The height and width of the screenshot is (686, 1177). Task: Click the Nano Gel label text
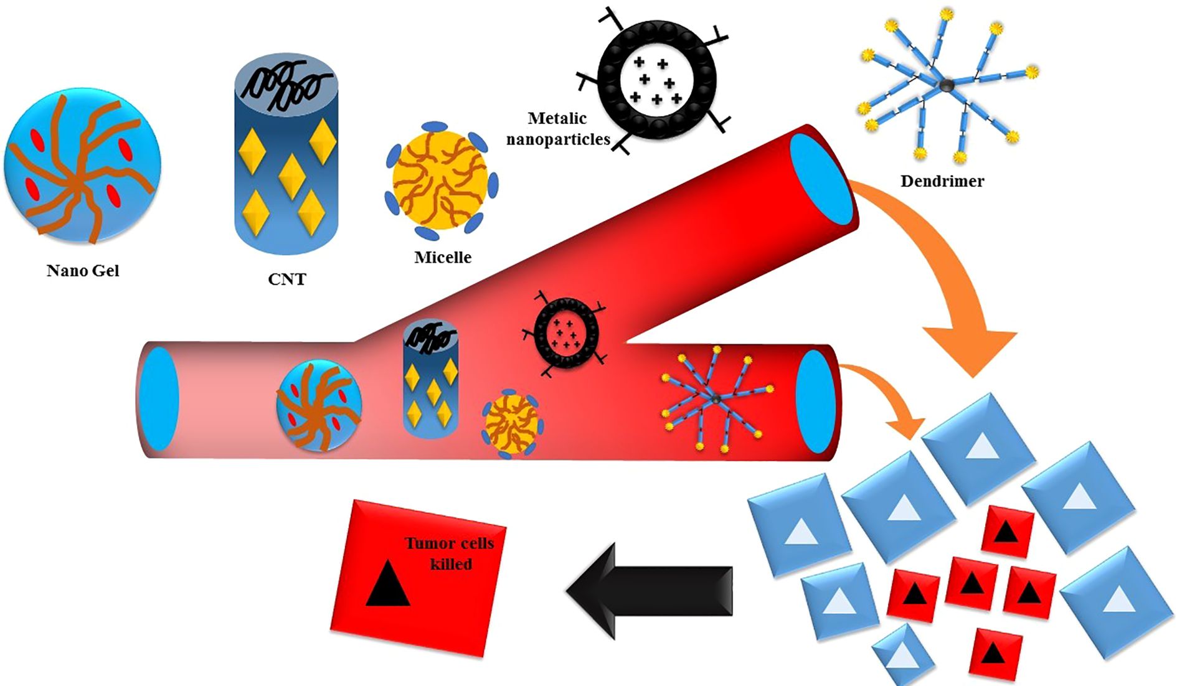click(83, 271)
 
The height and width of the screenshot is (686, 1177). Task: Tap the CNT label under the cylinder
click(286, 279)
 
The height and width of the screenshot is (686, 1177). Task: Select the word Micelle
click(443, 257)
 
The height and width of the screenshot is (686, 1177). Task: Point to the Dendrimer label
click(942, 181)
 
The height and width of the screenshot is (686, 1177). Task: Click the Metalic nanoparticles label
click(558, 129)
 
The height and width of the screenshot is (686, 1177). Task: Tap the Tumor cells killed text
click(450, 553)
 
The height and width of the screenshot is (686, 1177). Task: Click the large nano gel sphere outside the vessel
click(82, 165)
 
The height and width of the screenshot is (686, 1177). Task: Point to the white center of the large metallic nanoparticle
click(656, 80)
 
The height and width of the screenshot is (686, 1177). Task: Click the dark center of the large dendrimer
click(946, 85)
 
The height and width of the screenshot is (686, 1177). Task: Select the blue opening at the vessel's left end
click(160, 399)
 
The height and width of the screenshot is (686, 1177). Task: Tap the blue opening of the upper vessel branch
click(821, 179)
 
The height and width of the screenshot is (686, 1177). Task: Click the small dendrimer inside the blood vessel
click(716, 398)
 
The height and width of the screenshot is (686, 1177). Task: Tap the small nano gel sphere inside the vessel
click(318, 405)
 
